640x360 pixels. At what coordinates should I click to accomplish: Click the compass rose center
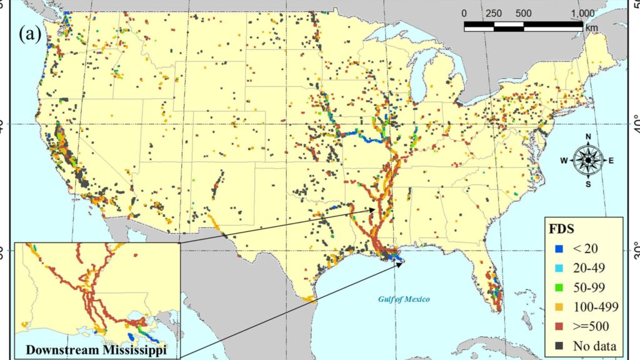[x=587, y=160]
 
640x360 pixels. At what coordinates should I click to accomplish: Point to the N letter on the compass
[x=587, y=137]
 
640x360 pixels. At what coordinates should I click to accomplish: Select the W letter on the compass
[x=563, y=161]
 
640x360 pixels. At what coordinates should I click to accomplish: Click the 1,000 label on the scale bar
[x=582, y=13]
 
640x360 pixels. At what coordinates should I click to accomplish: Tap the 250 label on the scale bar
[x=494, y=13]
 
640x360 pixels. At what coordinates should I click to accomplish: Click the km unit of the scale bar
[x=591, y=27]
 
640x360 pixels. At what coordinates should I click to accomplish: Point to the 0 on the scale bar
[x=464, y=13]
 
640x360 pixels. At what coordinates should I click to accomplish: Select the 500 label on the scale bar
[x=524, y=13]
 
